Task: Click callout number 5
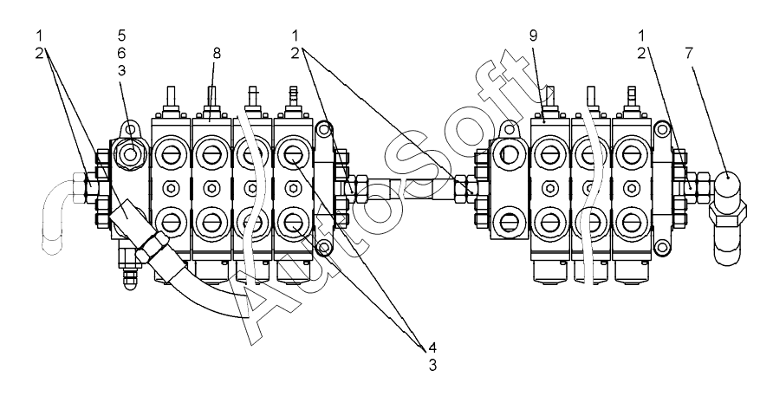coord(121,35)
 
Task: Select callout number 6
coord(121,53)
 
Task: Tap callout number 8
coord(217,53)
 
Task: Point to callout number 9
coord(533,35)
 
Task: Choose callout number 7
coord(689,53)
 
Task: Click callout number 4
coord(432,347)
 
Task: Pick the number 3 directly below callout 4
coord(432,366)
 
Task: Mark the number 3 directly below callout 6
coord(121,70)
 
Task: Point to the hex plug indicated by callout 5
coord(130,154)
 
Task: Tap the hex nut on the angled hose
coord(153,244)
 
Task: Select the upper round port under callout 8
coord(212,154)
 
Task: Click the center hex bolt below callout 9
coord(549,188)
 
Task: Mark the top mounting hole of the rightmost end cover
coord(662,129)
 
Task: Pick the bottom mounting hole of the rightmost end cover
coord(662,245)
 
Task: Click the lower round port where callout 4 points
coord(293,224)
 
